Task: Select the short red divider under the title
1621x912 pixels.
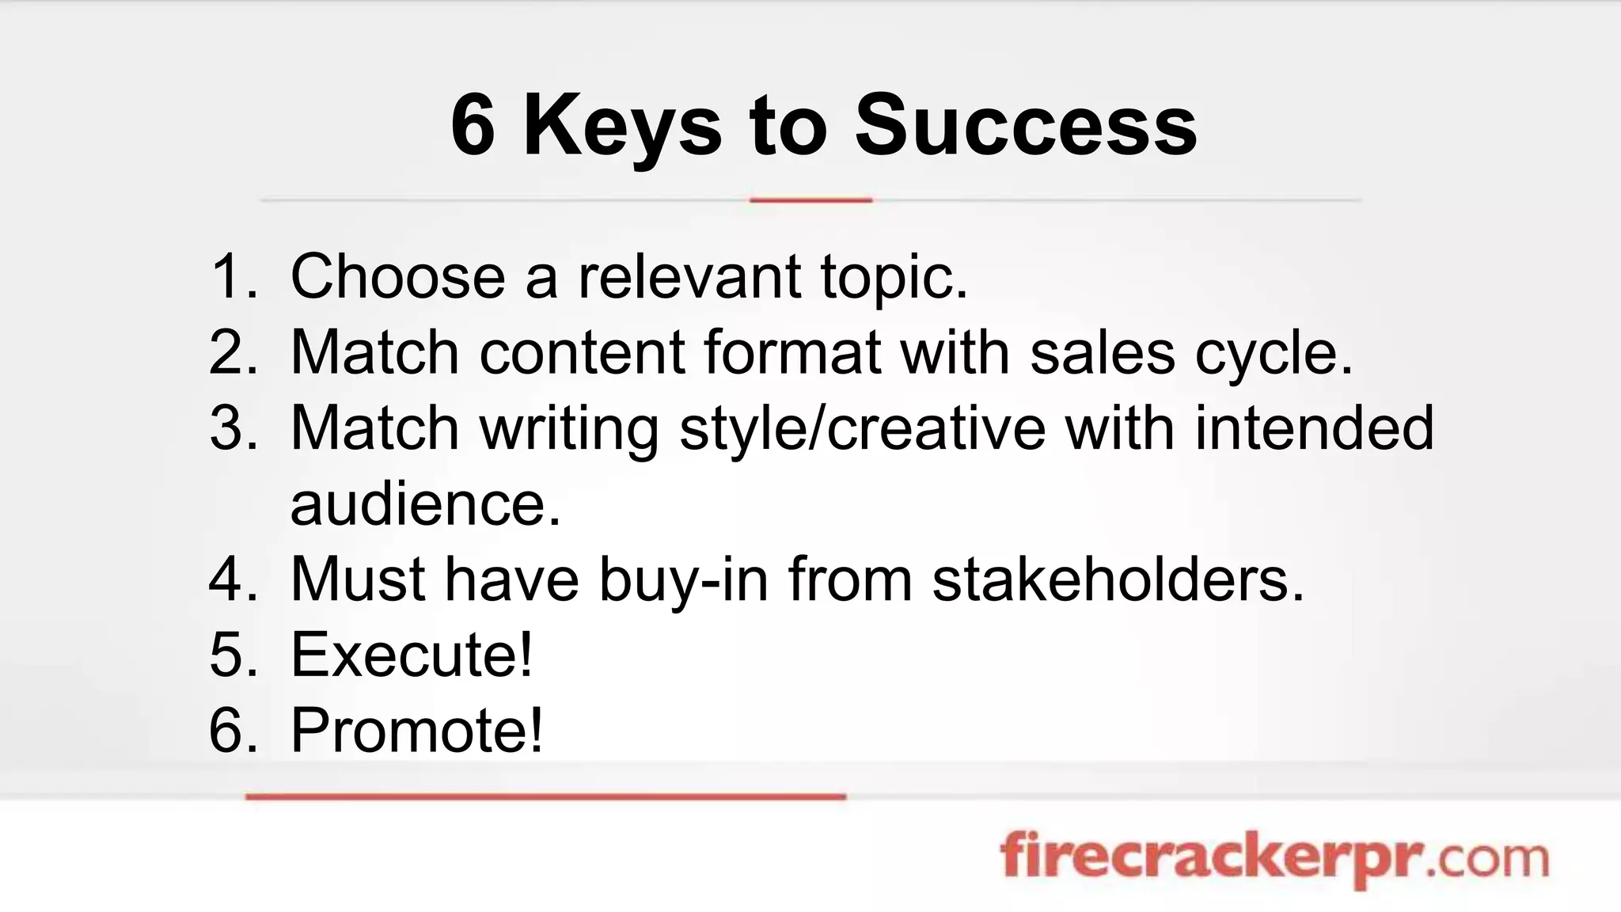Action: coord(810,200)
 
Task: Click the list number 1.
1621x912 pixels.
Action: coord(233,277)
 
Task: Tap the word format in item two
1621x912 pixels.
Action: coord(792,352)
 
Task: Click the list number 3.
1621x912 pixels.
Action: coord(233,428)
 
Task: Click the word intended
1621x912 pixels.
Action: coord(1314,428)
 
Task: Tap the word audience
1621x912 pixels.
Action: coord(425,504)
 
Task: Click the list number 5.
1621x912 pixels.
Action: coord(233,655)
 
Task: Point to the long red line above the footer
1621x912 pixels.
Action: coord(546,796)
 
